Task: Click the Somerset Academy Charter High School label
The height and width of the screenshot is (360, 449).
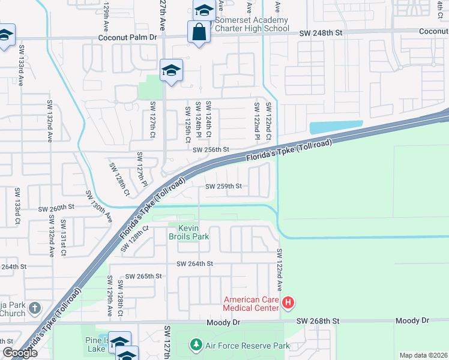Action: (252, 24)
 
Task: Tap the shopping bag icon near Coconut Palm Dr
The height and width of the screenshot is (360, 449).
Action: (198, 32)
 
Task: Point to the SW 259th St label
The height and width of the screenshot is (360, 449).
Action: (223, 187)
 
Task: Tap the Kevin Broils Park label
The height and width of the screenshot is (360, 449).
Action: (193, 232)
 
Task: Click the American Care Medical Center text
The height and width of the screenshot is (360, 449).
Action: (251, 304)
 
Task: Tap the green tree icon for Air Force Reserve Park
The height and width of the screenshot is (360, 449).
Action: (196, 345)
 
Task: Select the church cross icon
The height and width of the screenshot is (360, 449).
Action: (35, 308)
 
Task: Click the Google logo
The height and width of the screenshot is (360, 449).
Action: (20, 353)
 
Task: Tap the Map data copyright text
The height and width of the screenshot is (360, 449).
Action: (423, 355)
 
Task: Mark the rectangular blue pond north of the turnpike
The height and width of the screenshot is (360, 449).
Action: (336, 127)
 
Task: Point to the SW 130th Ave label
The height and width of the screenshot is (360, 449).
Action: (98, 206)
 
